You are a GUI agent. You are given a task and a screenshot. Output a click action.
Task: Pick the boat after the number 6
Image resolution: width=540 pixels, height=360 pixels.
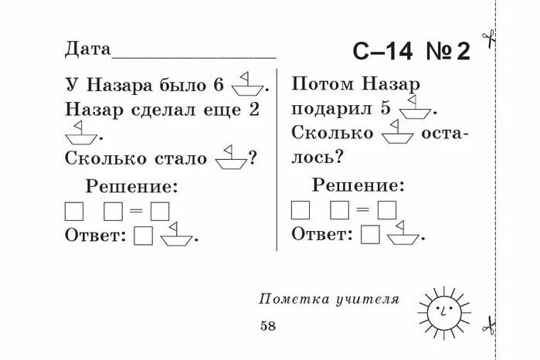click(x=248, y=82)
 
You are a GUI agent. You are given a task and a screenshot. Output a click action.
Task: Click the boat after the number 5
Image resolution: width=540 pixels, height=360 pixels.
click(x=414, y=107)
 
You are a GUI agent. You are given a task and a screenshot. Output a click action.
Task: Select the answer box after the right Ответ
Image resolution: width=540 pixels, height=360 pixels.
click(x=371, y=233)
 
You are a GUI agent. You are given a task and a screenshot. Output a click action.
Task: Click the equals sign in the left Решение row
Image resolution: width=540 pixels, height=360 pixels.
click(x=137, y=211)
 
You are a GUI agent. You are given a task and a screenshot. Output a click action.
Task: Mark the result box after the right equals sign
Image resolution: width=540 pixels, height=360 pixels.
click(x=386, y=209)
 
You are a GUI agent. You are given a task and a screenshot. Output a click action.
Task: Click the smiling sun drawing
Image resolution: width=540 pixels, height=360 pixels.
click(x=440, y=310)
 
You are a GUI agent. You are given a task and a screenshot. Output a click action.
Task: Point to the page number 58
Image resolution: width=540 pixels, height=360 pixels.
click(x=268, y=326)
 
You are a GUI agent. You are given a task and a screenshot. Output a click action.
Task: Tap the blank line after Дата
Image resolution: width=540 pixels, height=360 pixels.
click(x=194, y=55)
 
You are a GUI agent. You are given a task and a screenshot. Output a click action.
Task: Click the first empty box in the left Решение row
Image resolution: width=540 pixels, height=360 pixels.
click(x=75, y=211)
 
